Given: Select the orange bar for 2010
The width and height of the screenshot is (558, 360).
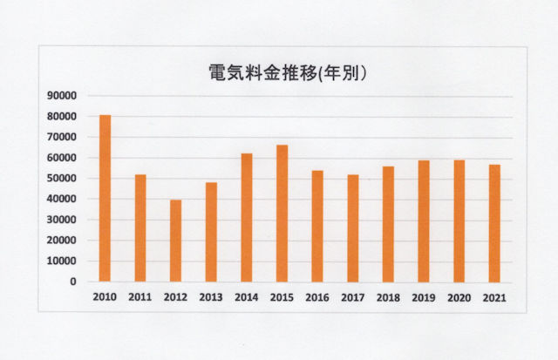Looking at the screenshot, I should click(105, 198).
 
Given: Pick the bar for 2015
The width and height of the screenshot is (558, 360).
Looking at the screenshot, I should click(282, 214).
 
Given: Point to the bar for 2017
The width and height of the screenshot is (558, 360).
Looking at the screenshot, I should click(352, 228).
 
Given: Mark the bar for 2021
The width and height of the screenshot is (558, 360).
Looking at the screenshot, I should click(494, 223).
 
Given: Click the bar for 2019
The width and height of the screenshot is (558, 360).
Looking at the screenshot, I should click(423, 221).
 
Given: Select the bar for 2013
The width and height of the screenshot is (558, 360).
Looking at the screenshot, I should click(211, 232).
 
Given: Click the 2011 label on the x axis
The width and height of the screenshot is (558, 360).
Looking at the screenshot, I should click(139, 298).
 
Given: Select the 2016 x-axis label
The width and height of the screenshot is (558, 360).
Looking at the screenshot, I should click(317, 298).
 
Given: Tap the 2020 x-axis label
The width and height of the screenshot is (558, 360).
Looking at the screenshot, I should click(459, 298).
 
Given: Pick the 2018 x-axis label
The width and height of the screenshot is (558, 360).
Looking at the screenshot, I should click(388, 298).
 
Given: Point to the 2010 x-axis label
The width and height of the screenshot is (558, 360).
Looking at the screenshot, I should click(105, 298).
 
